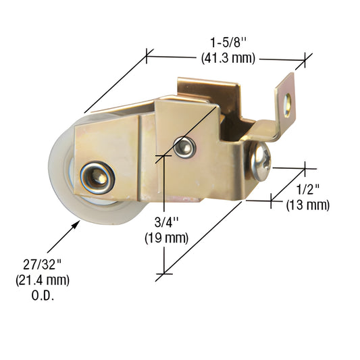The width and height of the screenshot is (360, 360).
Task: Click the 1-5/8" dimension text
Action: (x=228, y=43)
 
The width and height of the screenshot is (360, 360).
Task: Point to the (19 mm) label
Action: (x=165, y=238)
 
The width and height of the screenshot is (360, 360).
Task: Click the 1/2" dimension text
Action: (x=307, y=190)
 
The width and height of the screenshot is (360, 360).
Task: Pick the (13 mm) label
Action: (x=308, y=205)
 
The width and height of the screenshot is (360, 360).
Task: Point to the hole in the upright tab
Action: (x=289, y=101)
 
